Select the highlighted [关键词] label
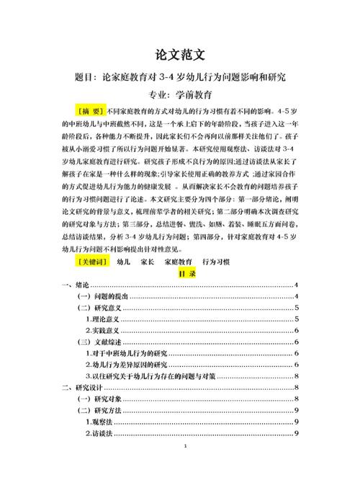coord(91,262)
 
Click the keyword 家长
coord(148,262)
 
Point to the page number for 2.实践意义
coord(297,329)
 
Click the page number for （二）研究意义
coord(297,308)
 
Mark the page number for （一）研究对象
coord(297,399)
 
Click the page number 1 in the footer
coord(185,468)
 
